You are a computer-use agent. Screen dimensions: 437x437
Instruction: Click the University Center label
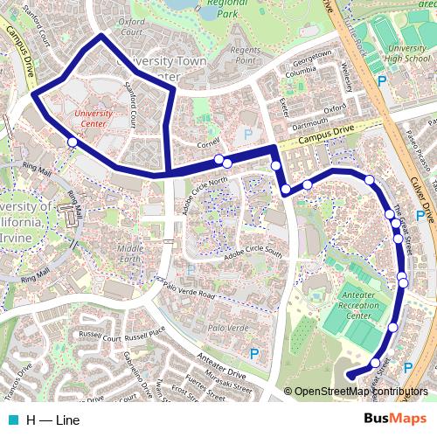click(x=94, y=118)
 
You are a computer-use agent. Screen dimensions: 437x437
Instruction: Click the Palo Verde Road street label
click(x=187, y=295)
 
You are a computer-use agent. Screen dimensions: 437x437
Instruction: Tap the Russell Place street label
click(x=145, y=334)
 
